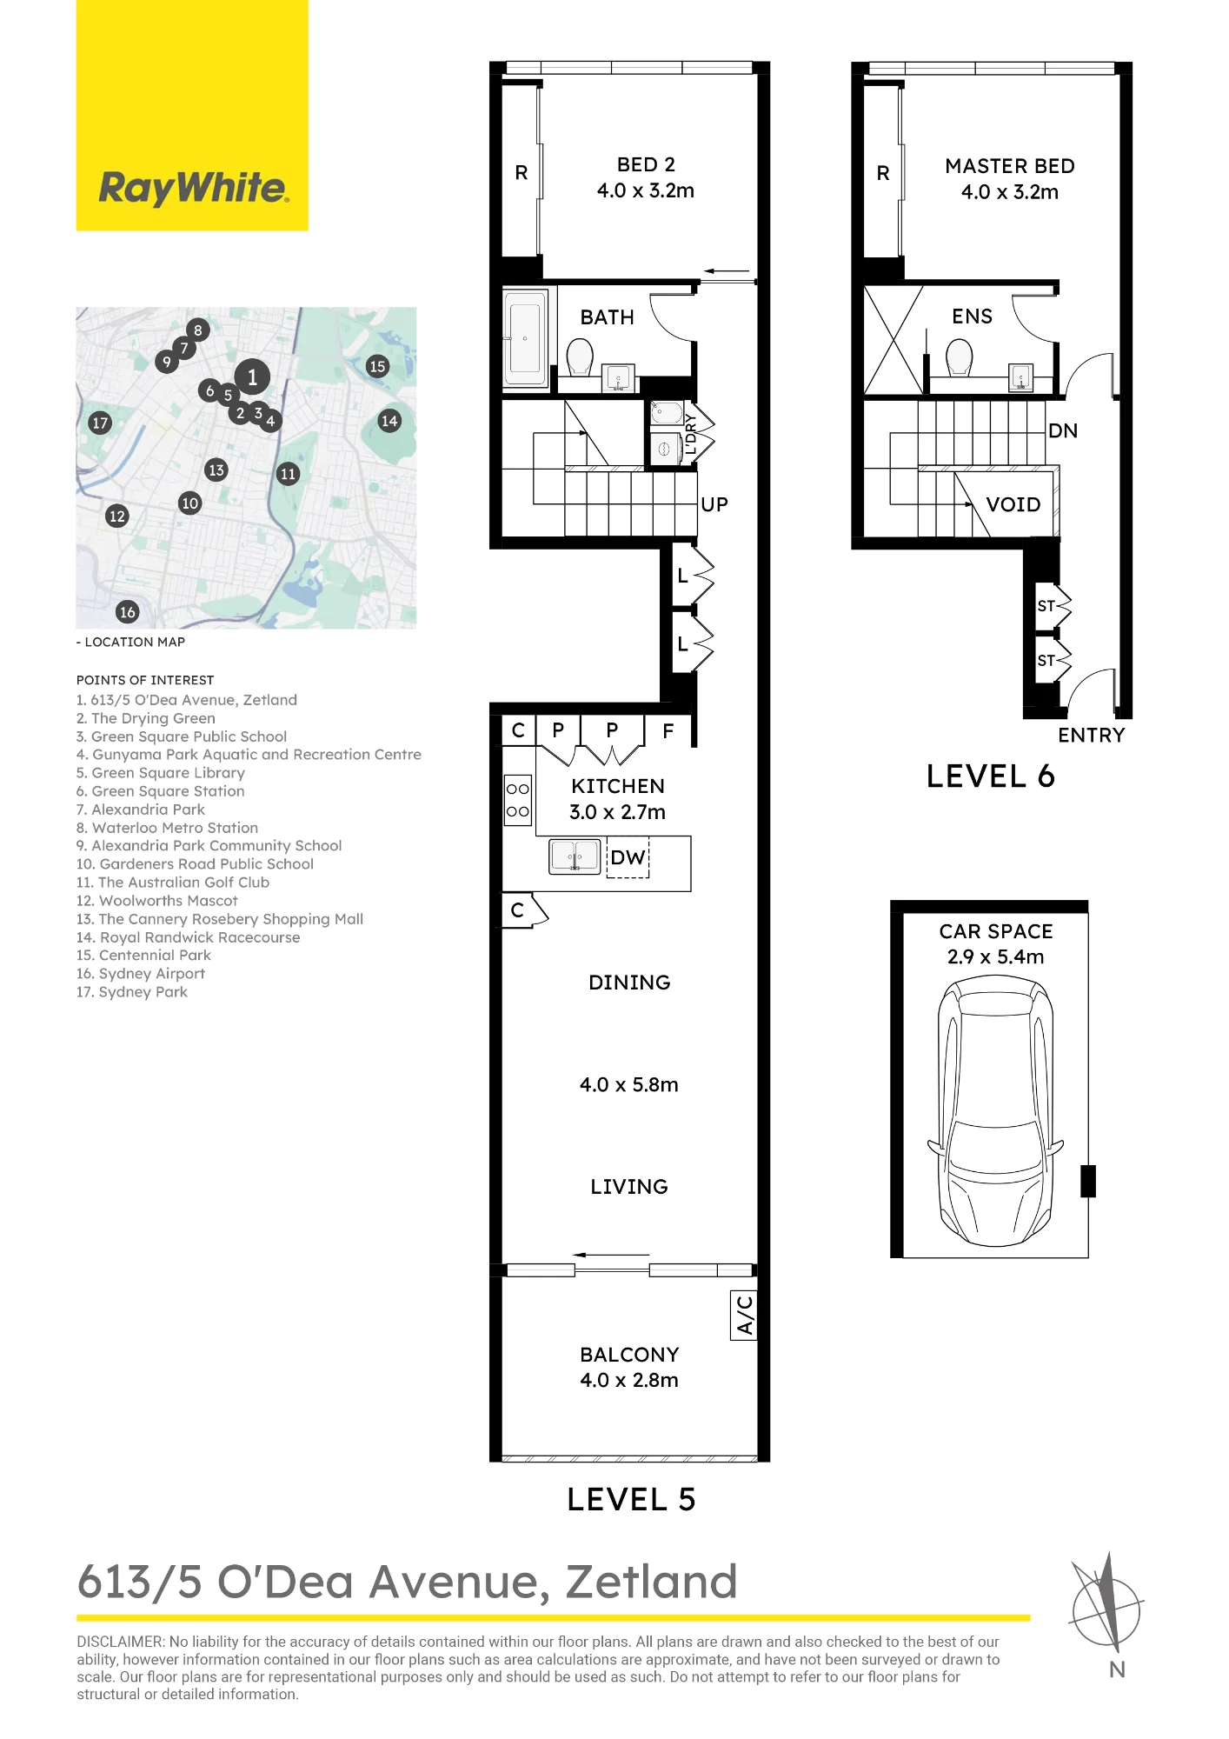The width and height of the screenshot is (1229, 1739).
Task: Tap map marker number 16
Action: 128,612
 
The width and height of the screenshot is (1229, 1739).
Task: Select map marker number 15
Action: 377,366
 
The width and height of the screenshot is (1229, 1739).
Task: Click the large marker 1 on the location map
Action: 252,377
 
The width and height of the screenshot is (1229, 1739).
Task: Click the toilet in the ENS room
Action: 959,357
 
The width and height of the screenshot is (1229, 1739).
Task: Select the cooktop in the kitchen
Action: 518,800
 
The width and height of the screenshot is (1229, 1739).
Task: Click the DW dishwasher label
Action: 628,857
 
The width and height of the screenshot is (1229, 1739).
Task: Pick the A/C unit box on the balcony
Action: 744,1315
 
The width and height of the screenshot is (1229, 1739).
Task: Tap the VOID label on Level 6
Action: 1013,504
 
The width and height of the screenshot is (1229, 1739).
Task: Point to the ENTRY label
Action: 1092,735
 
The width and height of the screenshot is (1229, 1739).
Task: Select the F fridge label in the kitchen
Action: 668,731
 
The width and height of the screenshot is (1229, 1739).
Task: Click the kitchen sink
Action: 575,856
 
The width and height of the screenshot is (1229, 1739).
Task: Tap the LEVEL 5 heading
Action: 632,1499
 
